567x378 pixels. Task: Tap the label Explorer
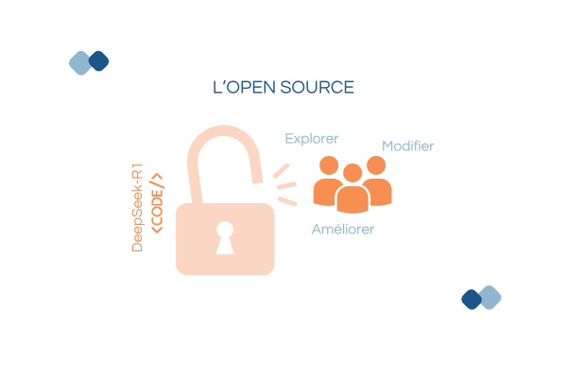(312, 139)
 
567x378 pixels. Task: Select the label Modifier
(407, 146)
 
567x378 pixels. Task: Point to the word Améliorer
(343, 230)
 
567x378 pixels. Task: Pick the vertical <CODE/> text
(158, 201)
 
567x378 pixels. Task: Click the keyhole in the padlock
(225, 237)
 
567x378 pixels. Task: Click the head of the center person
(352, 173)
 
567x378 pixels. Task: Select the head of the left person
(329, 165)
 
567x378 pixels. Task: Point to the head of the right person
(376, 165)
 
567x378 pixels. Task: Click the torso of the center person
(352, 199)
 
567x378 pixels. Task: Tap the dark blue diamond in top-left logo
(98, 60)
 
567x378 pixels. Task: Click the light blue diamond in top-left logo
(80, 63)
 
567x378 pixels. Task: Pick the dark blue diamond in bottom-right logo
(471, 300)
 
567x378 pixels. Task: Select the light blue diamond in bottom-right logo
(490, 297)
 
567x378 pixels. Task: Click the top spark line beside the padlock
(282, 171)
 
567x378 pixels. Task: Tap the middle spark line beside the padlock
(286, 185)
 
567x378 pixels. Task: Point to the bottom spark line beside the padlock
(287, 200)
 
